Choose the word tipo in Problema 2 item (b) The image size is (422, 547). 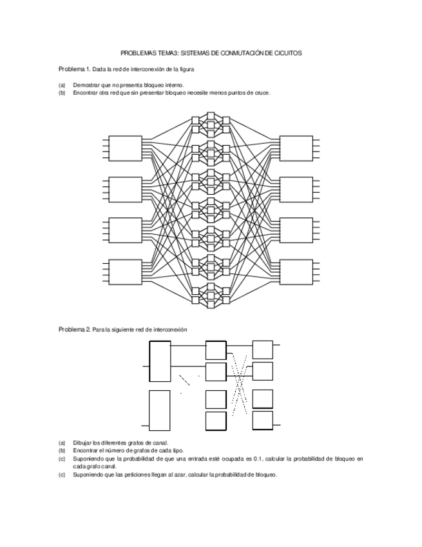coord(177,451)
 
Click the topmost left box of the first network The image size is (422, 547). coord(126,148)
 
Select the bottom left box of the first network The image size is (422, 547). coord(126,272)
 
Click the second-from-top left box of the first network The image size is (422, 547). coord(126,190)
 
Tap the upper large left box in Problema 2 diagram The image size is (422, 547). coord(160,361)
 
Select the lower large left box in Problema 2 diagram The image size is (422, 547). coord(160,410)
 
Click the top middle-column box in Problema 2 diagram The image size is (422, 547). coord(216,350)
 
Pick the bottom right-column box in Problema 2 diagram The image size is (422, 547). coord(263,421)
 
